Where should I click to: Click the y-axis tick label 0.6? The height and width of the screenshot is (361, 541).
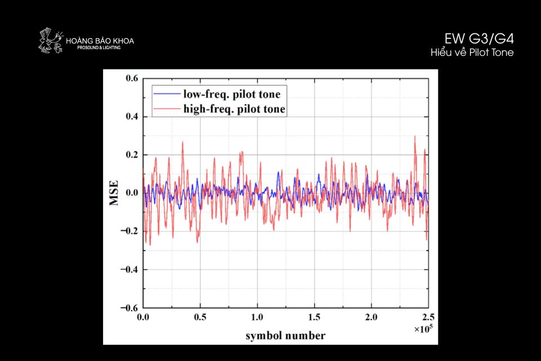point(131,78)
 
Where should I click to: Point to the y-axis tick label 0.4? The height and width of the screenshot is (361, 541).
point(131,117)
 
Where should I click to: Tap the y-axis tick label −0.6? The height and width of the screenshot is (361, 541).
point(129,307)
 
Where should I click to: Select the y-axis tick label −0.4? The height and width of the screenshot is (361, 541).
point(129,270)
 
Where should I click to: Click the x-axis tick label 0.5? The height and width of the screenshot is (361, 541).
point(201,317)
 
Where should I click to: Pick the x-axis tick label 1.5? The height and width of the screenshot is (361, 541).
point(314,317)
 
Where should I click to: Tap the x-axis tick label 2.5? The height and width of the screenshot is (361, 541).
point(428,317)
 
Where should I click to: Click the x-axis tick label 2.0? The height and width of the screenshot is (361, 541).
point(371,317)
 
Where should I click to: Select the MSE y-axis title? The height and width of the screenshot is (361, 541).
point(115,193)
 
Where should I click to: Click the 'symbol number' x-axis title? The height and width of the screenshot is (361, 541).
point(285,336)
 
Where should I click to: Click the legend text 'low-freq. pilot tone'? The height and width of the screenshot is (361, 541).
point(232,94)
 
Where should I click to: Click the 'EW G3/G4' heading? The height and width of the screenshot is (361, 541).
point(479,39)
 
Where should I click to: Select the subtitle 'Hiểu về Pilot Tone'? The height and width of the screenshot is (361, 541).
point(472,52)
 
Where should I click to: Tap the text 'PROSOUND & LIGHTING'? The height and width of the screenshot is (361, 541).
point(99,47)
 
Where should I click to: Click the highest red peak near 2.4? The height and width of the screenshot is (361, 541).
point(415,136)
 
